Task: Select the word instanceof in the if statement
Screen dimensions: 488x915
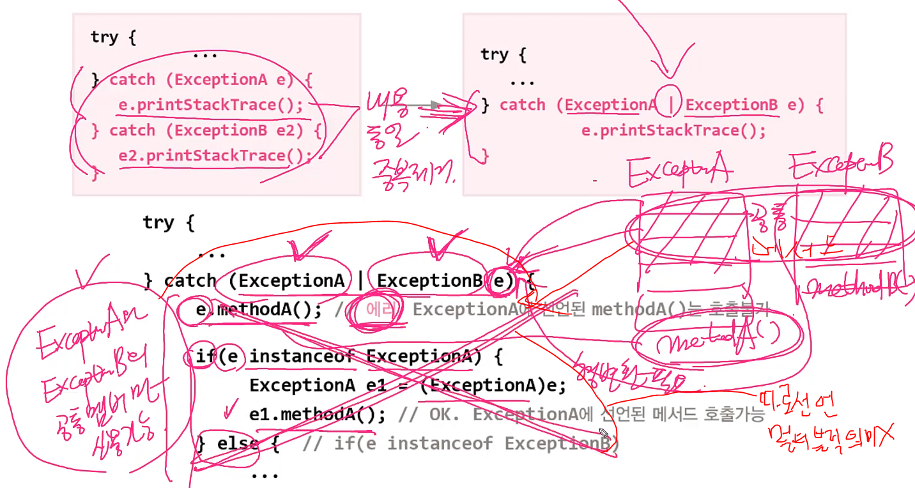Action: pyautogui.click(x=302, y=356)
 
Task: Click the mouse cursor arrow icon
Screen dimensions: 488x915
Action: pyautogui.click(x=604, y=434)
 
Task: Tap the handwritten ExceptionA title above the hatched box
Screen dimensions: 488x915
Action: pyautogui.click(x=680, y=171)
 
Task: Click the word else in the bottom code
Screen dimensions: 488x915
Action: pyautogui.click(x=238, y=443)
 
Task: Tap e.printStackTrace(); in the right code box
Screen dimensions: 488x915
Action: pyautogui.click(x=673, y=131)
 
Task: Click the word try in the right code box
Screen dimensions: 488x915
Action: pyautogui.click(x=494, y=55)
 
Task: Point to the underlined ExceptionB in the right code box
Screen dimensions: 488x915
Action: pyautogui.click(x=732, y=105)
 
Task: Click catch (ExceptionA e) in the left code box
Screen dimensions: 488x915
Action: pyautogui.click(x=201, y=80)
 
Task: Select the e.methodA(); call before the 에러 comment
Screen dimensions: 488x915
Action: pyautogui.click(x=259, y=310)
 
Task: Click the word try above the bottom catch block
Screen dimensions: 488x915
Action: pyautogui.click(x=158, y=222)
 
